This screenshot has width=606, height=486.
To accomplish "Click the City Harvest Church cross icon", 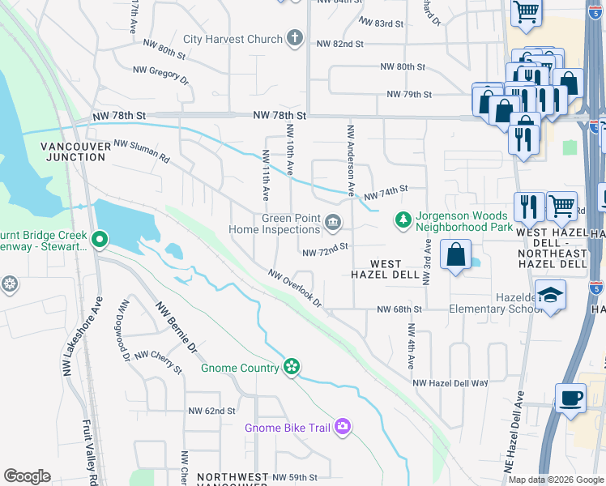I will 294,38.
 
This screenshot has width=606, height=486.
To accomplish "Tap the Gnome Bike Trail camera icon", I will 343,427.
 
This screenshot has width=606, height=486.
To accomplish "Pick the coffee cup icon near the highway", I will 570,399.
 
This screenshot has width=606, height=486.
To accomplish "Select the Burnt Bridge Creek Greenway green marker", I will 100,240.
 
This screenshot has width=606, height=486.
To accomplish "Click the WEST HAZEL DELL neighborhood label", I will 387,270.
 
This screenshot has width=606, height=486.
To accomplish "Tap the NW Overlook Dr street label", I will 296,288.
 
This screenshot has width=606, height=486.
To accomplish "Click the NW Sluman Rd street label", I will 142,151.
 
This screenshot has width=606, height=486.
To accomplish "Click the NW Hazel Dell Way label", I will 450,383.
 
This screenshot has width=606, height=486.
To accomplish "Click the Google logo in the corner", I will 27,476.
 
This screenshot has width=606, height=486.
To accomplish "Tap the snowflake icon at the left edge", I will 9,284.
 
